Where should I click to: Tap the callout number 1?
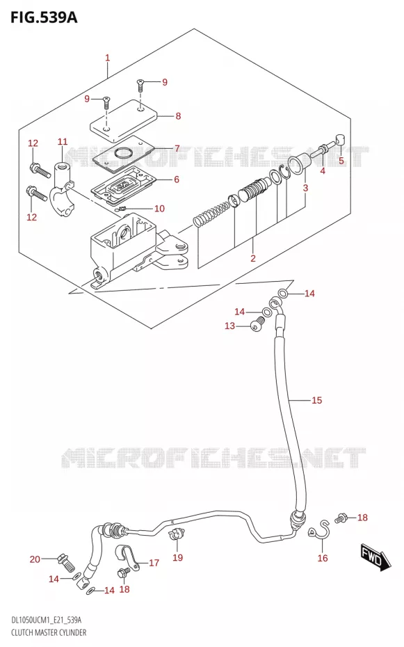pyautogui.click(x=108, y=58)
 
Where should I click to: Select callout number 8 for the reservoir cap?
pyautogui.click(x=178, y=116)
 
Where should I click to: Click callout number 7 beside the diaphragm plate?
pyautogui.click(x=177, y=148)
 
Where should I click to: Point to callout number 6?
pyautogui.click(x=177, y=179)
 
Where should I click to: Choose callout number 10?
pyautogui.click(x=159, y=209)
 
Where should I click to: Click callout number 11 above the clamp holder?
pyautogui.click(x=63, y=142)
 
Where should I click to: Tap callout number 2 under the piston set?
pyautogui.click(x=253, y=258)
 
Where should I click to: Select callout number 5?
pyautogui.click(x=341, y=161)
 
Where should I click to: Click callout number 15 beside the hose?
pyautogui.click(x=316, y=400)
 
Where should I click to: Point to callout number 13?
pyautogui.click(x=229, y=326)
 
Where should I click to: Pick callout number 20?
pyautogui.click(x=35, y=559)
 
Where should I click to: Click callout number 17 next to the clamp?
pyautogui.click(x=154, y=563)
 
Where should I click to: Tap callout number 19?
pyautogui.click(x=178, y=557)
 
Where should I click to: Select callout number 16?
pyautogui.click(x=323, y=558)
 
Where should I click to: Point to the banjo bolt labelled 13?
pyautogui.click(x=257, y=322)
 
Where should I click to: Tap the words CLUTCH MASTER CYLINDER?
pyautogui.click(x=49, y=632)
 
